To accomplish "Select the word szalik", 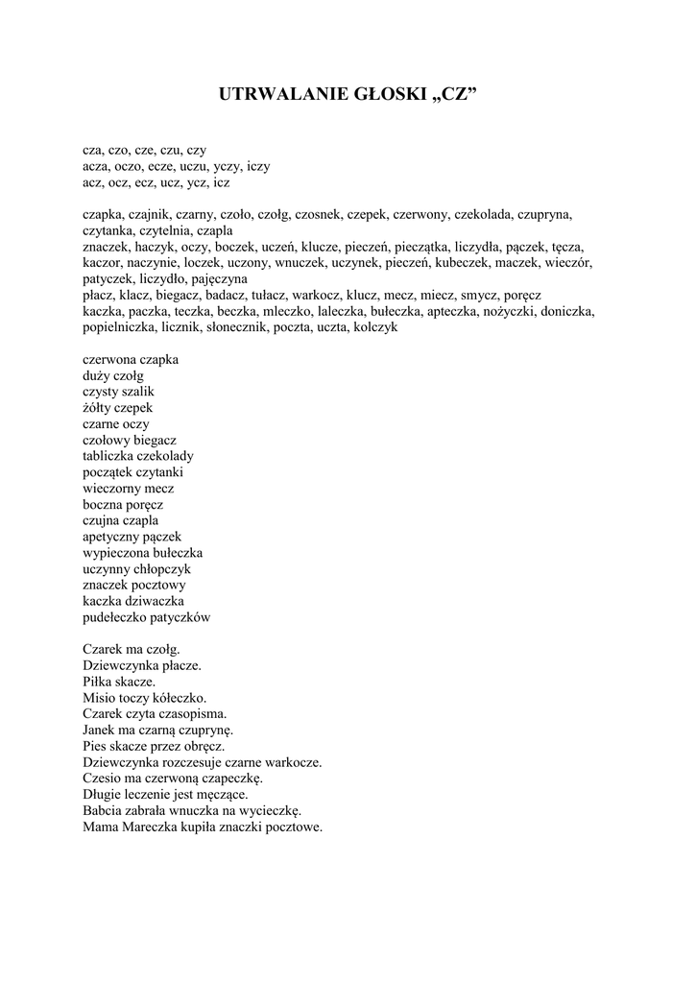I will (x=135, y=392).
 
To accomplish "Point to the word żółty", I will (x=97, y=408).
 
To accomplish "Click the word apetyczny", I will (x=111, y=537).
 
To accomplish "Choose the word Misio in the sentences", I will (x=98, y=698).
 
